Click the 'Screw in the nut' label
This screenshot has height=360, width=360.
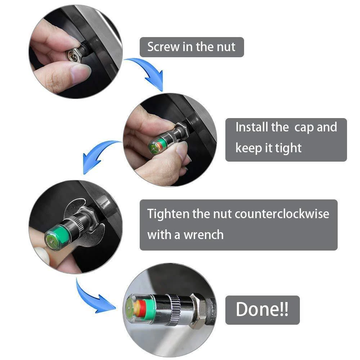click(192, 47)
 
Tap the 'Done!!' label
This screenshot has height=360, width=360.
click(262, 310)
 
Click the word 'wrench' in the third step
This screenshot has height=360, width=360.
click(203, 235)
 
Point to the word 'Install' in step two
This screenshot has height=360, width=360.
click(252, 127)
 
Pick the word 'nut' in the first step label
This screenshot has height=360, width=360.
click(225, 47)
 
